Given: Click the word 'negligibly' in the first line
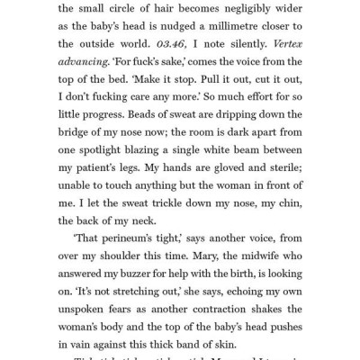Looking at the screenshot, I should (x=238, y=9).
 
